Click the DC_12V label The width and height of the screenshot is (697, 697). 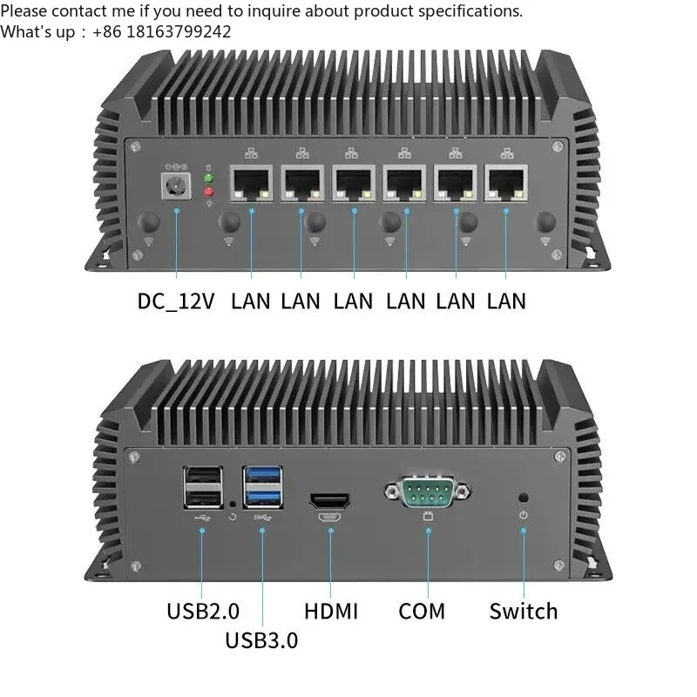pos(175,301)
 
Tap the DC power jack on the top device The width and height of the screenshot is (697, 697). pos(175,186)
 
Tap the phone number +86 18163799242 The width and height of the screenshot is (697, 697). pos(166,31)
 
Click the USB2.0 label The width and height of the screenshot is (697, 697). pos(202,611)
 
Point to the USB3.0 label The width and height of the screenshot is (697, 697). pos(261,640)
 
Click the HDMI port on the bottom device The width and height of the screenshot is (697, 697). pos(330,502)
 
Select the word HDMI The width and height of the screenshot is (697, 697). pos(330,611)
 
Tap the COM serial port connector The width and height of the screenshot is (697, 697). pos(426,494)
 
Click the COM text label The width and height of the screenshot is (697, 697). pos(422,611)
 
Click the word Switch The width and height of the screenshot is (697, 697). pos(523,611)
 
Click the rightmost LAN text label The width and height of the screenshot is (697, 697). pos(506,301)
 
